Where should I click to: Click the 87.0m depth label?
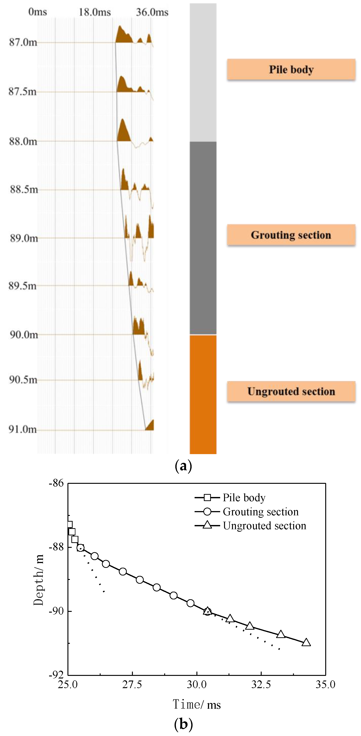23,42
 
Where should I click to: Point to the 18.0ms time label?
95,12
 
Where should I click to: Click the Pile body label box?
291,69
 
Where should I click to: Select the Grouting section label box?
291,235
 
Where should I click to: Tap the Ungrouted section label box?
291,391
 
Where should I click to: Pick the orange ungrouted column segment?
203,394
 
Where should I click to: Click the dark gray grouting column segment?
203,238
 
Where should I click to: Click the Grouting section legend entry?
247,511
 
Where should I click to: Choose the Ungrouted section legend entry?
250,526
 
